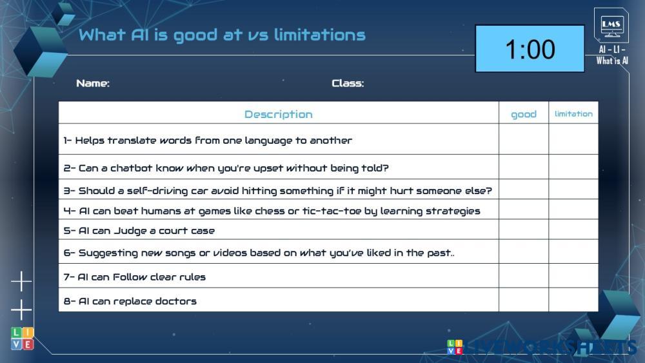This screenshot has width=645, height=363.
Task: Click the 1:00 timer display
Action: pos(530,48)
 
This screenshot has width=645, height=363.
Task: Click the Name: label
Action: pos(93,83)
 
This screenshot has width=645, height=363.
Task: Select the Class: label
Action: pos(348,83)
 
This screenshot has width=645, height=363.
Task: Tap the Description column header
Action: pos(279,114)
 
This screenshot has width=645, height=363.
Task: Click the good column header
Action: pos(524,114)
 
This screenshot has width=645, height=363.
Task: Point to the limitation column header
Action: pos(573,114)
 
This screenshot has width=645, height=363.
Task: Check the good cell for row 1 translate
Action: pos(524,139)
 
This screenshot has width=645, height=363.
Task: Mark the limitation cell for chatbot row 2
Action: pos(573,167)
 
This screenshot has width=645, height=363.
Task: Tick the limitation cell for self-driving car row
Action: pos(573,189)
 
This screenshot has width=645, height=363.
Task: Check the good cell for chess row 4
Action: pos(524,210)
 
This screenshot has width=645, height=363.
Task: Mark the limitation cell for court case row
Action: pos(573,230)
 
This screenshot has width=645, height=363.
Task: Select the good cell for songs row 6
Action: pos(524,251)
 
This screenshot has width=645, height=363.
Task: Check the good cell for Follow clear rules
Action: pos(524,275)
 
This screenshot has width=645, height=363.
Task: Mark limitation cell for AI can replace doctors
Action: pos(573,300)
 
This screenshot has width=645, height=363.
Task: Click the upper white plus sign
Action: pos(21,282)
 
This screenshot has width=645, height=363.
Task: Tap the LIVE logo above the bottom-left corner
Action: pos(22,338)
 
